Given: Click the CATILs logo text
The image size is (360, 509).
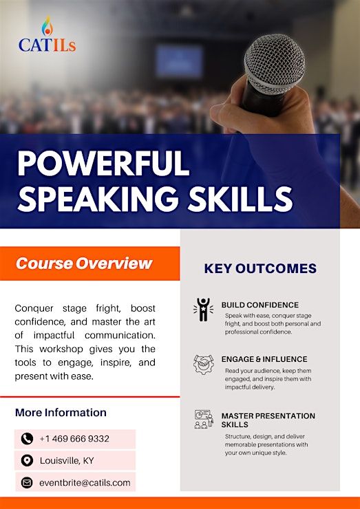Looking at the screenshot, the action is (47, 45).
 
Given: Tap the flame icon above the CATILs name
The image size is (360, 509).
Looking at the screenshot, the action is (47, 26).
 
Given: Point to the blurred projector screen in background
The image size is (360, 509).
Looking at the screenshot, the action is (179, 61).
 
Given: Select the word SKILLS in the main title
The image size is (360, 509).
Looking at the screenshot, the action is (240, 199).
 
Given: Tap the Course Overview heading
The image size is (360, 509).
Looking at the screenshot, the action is (84, 263).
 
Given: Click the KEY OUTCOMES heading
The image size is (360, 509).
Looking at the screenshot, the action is (260, 268).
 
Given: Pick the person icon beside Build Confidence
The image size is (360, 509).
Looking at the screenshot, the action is (203, 310).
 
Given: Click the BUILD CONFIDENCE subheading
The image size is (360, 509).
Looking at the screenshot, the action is (260, 305).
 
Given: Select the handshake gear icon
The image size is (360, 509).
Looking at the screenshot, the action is (204, 365).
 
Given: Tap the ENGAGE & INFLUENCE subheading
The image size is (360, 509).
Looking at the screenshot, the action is (264, 359).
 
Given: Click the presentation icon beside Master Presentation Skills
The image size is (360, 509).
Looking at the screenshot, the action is (204, 419).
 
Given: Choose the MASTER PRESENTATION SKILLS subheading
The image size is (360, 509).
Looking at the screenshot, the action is (268, 420).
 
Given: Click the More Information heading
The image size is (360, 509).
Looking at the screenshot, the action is (61, 412).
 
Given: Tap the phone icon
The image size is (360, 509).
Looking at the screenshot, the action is (27, 439).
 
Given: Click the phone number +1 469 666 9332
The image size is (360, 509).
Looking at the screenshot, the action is (74, 439).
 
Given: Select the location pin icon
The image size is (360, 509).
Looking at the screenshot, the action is (27, 460).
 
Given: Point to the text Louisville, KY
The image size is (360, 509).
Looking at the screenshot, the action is (67, 461).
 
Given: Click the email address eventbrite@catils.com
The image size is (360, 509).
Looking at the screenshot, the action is (85, 483).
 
